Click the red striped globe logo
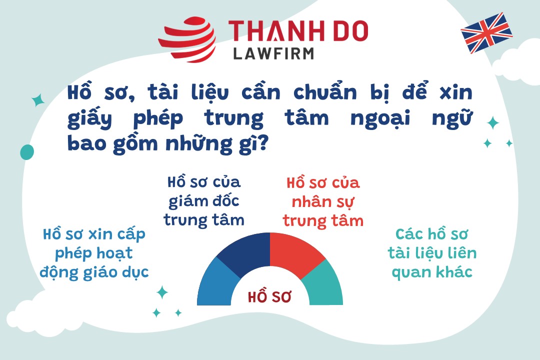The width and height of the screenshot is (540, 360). pos(187,39)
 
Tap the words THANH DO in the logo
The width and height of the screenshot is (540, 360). pos(298,30)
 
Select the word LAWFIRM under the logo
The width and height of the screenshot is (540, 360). pos(274,53)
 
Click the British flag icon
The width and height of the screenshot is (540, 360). pos(486,32)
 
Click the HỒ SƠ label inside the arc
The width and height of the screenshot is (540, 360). pos(269,296)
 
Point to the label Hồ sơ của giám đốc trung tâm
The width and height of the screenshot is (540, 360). pos(204,201)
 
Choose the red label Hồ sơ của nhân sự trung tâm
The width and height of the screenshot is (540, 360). pos(323,202)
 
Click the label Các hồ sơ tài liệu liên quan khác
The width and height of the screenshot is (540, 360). pos(432,253)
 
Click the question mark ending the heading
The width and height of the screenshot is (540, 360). pos(262,142)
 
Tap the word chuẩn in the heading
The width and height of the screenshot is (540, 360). pos(325,92)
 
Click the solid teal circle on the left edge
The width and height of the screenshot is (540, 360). pos(27,152)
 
